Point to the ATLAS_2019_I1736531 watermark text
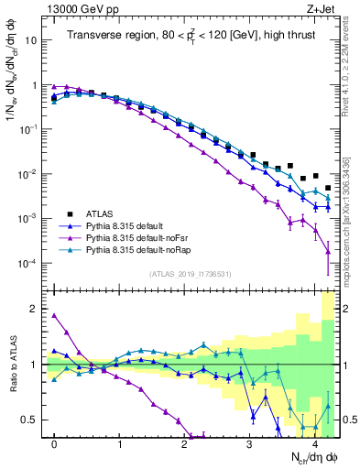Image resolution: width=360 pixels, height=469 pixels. tap(190, 274)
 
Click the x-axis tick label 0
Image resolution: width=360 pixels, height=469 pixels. tap(54, 443)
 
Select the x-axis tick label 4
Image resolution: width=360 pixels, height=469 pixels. tap(314, 443)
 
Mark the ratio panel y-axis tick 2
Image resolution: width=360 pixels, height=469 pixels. tap(38, 309)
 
